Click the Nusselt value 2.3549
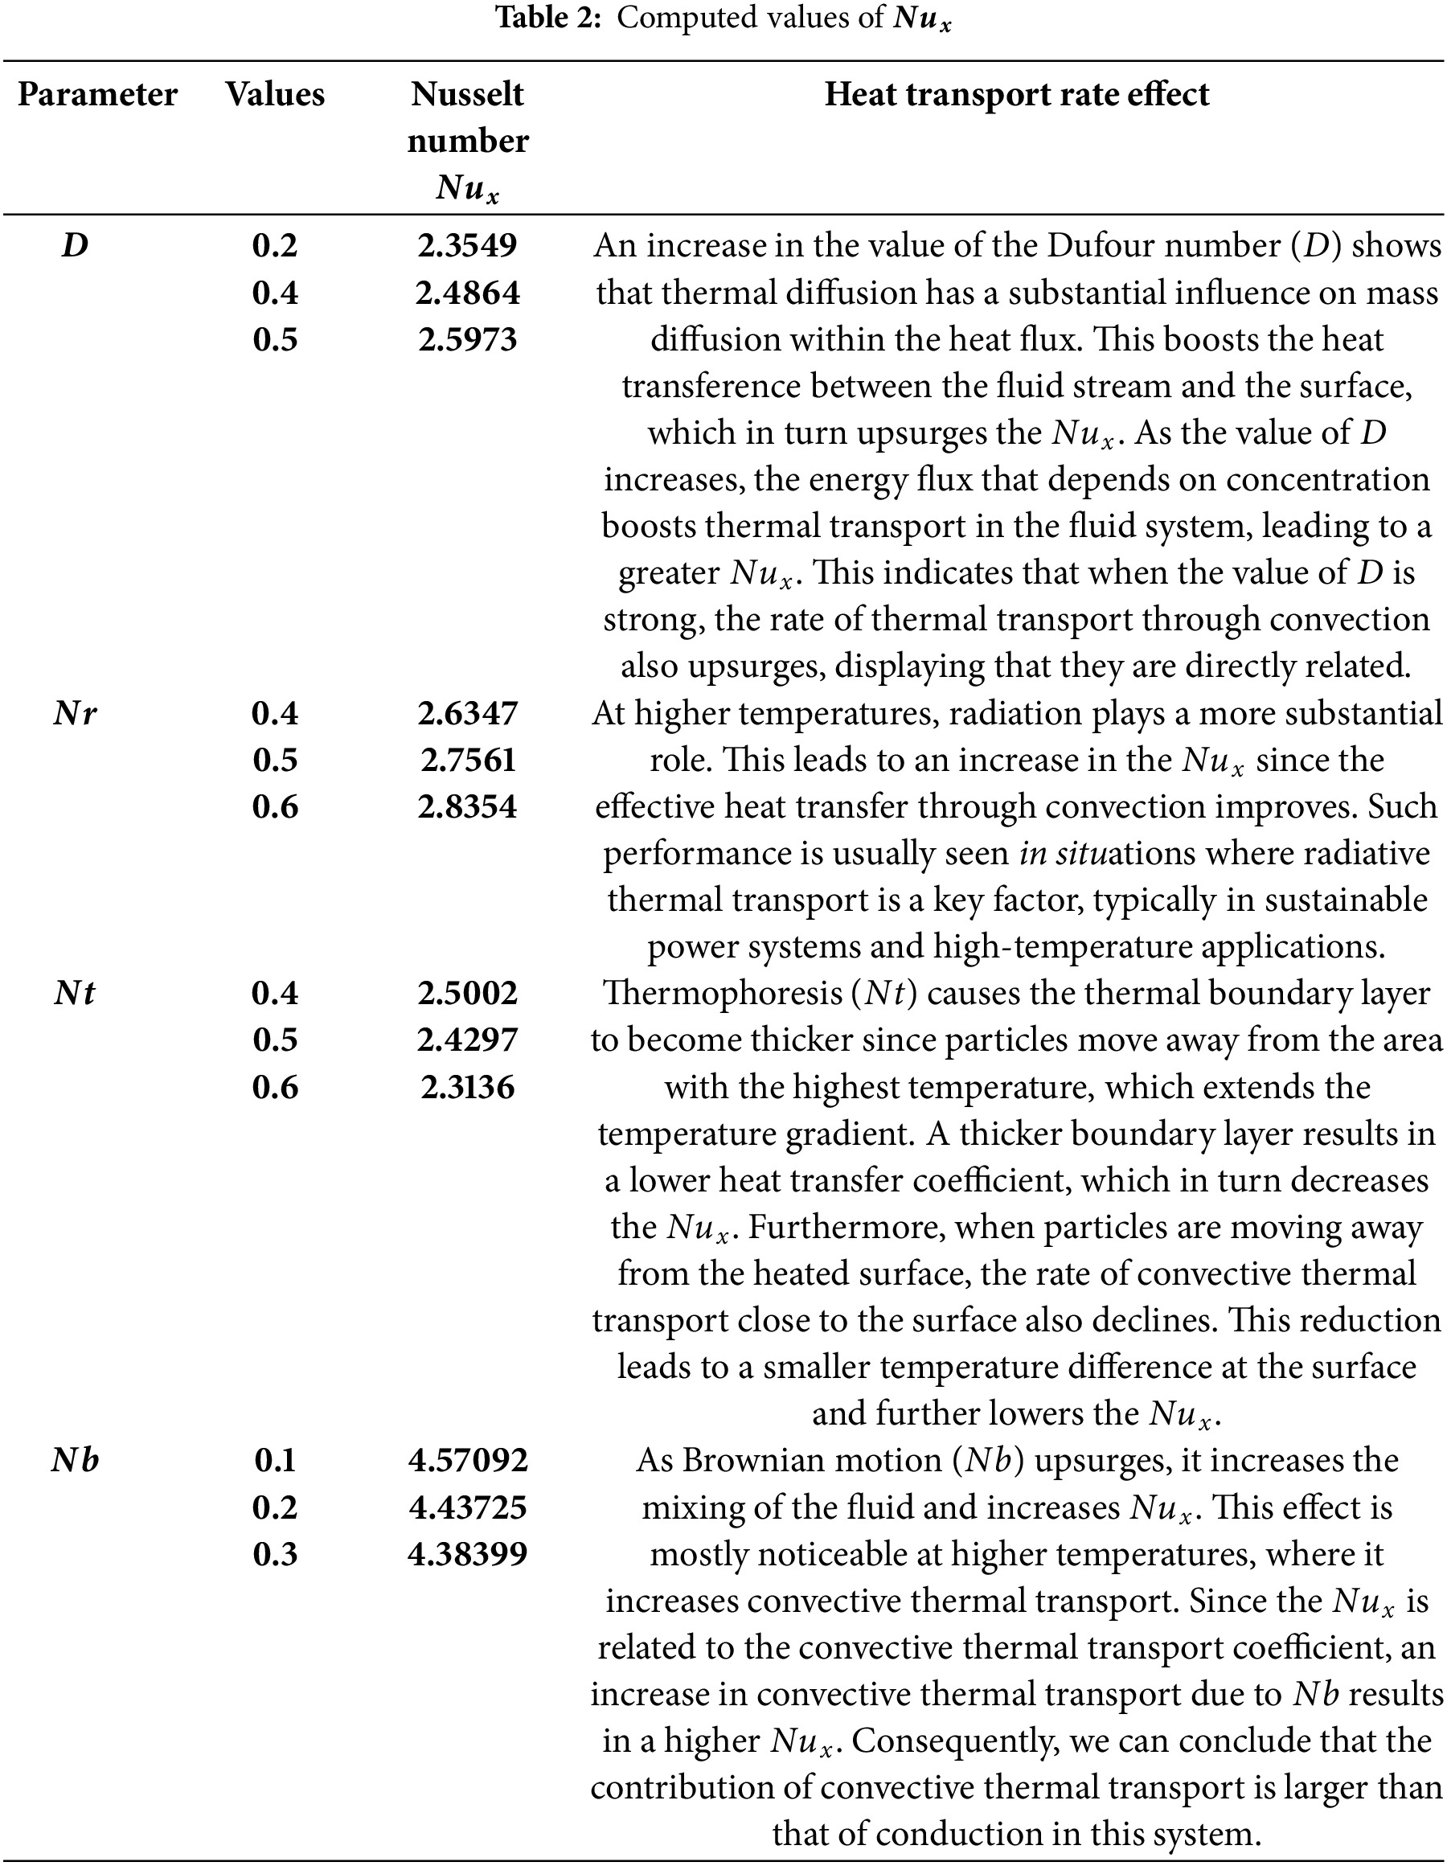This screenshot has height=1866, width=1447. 467,246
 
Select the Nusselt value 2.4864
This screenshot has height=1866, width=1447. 467,293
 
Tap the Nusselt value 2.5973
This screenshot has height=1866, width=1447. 467,340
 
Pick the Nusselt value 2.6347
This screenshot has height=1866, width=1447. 467,713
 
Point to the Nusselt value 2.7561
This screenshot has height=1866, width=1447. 467,761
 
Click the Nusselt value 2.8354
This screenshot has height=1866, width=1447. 467,807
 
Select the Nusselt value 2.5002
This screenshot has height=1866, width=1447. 467,994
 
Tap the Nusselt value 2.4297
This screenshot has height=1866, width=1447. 467,1040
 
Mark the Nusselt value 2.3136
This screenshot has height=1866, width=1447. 467,1087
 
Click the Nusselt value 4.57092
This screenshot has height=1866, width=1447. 467,1460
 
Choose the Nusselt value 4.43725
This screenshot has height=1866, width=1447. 467,1507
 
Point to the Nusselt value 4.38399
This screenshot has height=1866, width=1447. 467,1554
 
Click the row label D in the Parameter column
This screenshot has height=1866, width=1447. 76,246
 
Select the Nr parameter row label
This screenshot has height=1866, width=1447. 76,713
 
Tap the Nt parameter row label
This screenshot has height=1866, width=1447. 76,994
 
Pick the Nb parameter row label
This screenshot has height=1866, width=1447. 76,1460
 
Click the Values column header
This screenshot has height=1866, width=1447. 275,95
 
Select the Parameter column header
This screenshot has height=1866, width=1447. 97,95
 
